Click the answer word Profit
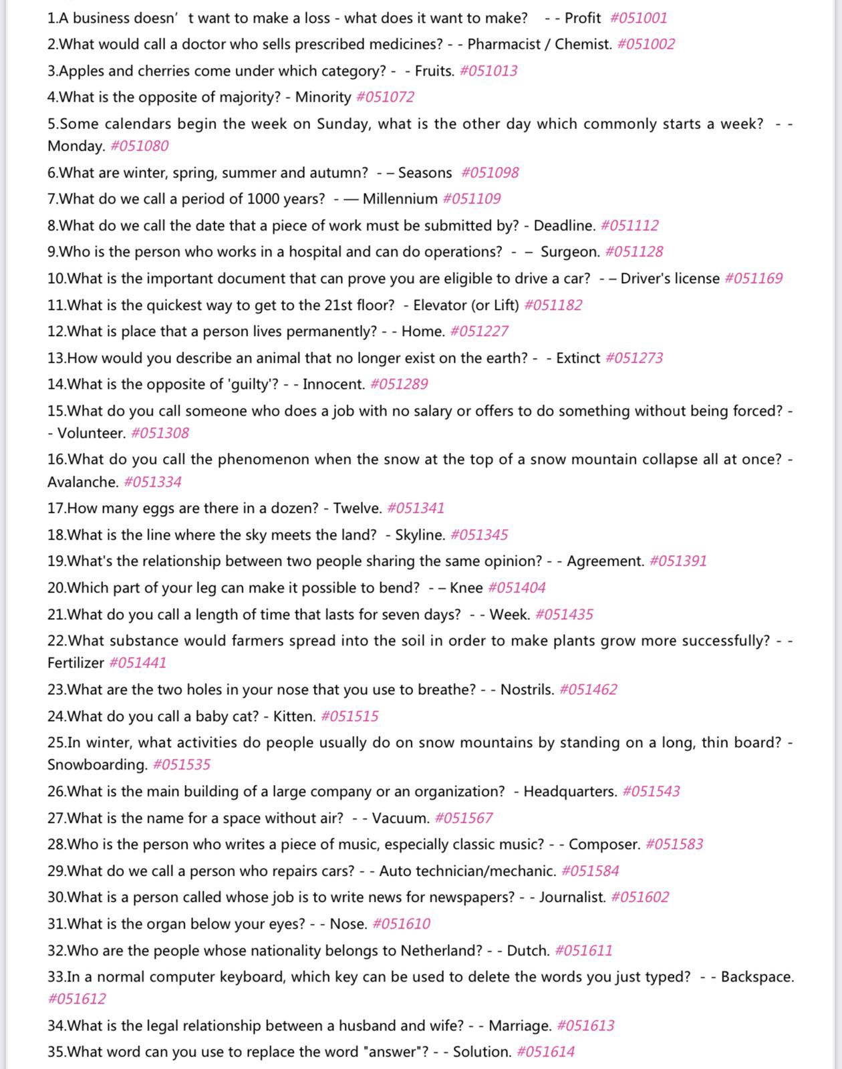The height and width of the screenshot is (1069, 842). pyautogui.click(x=582, y=18)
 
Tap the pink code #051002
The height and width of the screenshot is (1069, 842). pyautogui.click(x=646, y=45)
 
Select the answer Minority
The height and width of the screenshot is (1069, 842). pyautogui.click(x=323, y=98)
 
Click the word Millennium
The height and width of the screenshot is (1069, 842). pyautogui.click(x=400, y=199)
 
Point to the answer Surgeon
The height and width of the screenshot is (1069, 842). pyautogui.click(x=569, y=252)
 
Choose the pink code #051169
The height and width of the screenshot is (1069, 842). pyautogui.click(x=753, y=279)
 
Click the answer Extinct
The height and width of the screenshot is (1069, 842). pyautogui.click(x=578, y=358)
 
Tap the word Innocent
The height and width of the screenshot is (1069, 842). pyautogui.click(x=333, y=384)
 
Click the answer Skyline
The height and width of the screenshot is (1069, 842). pyautogui.click(x=420, y=535)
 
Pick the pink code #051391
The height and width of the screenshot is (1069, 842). pyautogui.click(x=678, y=561)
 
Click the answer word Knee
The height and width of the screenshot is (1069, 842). pyautogui.click(x=466, y=588)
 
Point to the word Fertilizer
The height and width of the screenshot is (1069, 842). pyautogui.click(x=76, y=663)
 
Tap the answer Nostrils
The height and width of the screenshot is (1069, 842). pyautogui.click(x=527, y=690)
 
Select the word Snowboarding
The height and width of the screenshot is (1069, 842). pyautogui.click(x=97, y=764)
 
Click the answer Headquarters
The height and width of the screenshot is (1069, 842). pyautogui.click(x=570, y=792)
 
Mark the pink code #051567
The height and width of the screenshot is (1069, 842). pyautogui.click(x=463, y=818)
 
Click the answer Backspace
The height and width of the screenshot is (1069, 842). pyautogui.click(x=757, y=977)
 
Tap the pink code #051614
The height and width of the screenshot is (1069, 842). pyautogui.click(x=545, y=1052)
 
